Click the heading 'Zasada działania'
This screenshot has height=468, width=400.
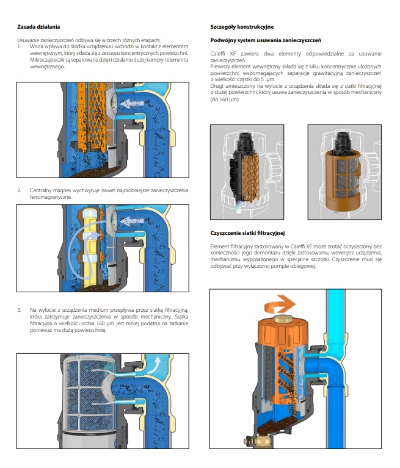(x=38, y=27)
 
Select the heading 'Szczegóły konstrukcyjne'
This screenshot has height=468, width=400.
(x=242, y=27)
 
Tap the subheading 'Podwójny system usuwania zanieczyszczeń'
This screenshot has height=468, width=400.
(x=266, y=40)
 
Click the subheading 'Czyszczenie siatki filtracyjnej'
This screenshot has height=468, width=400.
(x=247, y=233)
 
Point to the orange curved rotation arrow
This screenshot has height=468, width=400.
(x=280, y=305)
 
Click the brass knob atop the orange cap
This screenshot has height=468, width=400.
(x=282, y=319)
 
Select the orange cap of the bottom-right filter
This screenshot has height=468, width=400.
(x=282, y=333)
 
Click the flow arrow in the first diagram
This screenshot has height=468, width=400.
(x=132, y=104)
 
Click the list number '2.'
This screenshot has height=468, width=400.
(x=19, y=190)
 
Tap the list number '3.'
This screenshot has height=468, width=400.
(x=19, y=310)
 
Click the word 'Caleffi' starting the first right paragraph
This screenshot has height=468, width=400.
(x=218, y=54)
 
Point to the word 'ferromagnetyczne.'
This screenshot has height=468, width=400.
(x=51, y=197)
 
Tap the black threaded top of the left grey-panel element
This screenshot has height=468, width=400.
(x=245, y=142)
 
